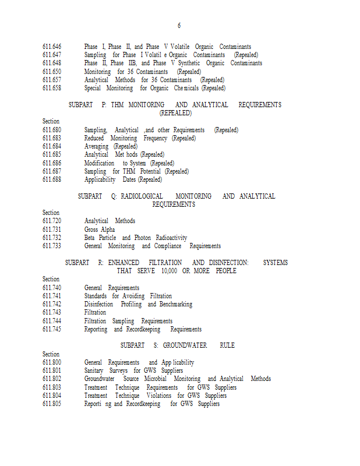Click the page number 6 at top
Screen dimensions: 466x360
pyautogui.click(x=179, y=26)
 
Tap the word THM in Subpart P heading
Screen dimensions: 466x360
pyautogui.click(x=117, y=105)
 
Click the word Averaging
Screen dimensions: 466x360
pyautogui.click(x=96, y=147)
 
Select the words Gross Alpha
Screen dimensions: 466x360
pyautogui.click(x=99, y=230)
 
